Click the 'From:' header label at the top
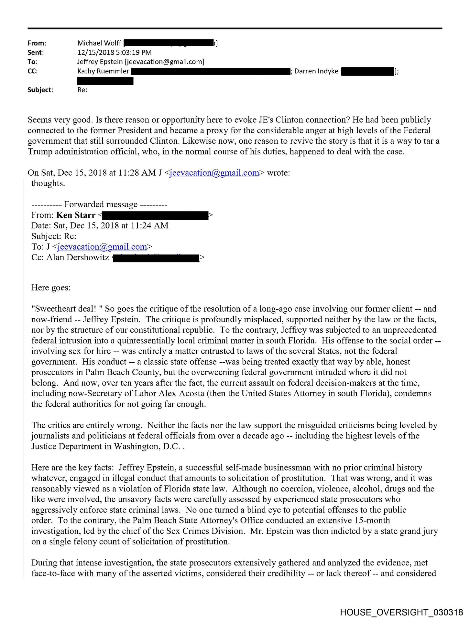(37, 43)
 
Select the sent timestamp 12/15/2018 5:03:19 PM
(114, 52)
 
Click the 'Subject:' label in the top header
(40, 90)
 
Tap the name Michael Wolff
(99, 43)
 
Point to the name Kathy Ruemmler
(103, 71)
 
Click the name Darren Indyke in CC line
(316, 71)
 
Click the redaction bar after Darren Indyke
(368, 71)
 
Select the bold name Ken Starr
(76, 215)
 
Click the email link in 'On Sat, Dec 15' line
(214, 173)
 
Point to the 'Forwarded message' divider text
(101, 204)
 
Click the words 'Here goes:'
(51, 288)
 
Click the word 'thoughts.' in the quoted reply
(48, 183)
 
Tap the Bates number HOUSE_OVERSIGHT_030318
(401, 612)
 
